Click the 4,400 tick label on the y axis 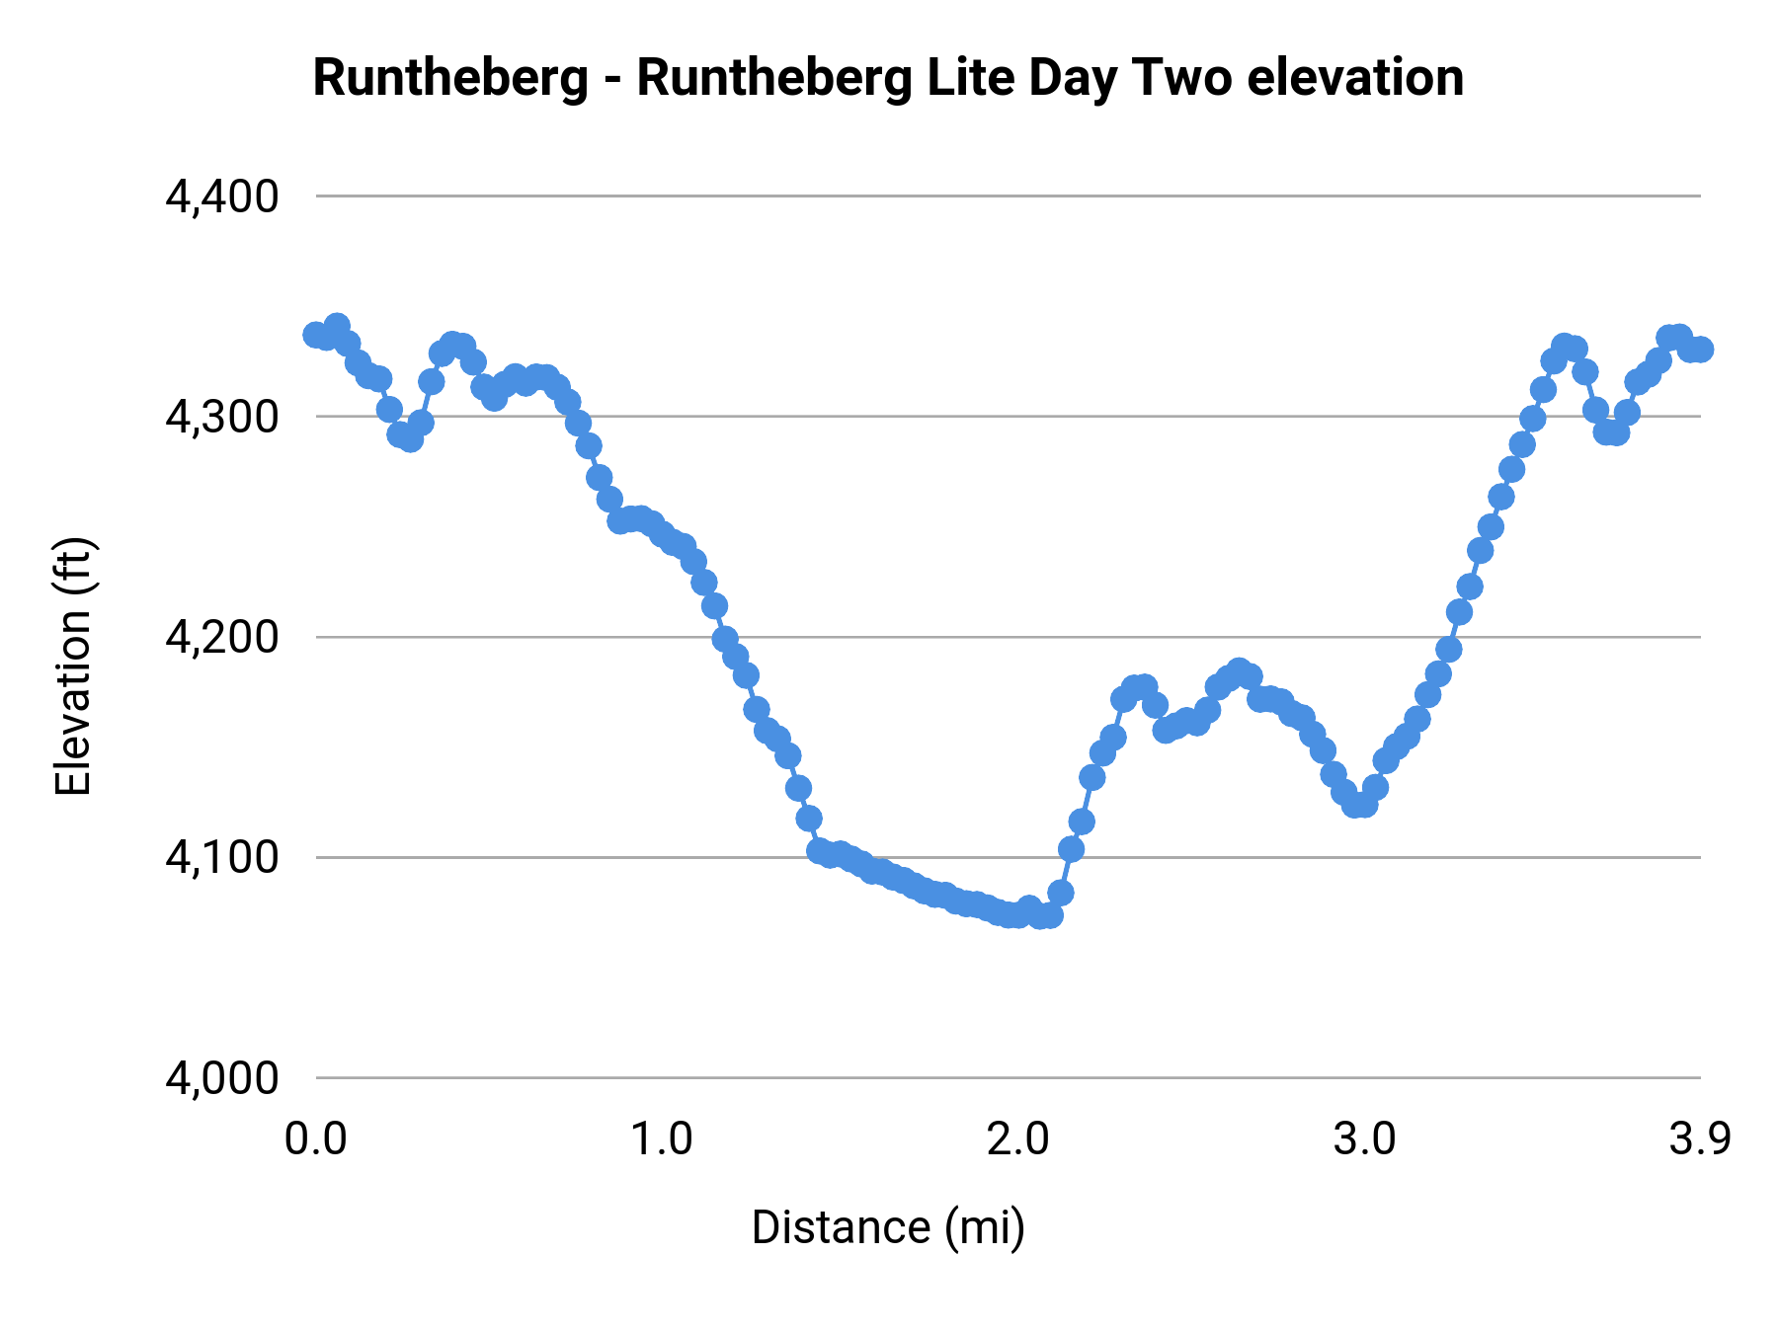coord(222,197)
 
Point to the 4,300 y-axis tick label coord(222,418)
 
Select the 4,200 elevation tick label coord(222,638)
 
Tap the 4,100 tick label coord(222,858)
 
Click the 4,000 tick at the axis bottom coord(222,1078)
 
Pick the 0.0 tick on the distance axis coord(316,1139)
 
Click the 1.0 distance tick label coord(662,1139)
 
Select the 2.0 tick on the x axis coord(1017,1139)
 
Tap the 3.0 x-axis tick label coord(1364,1139)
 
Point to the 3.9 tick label coord(1700,1139)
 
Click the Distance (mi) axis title coord(888,1227)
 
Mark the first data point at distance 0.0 coord(316,335)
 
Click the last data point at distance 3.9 coord(1700,350)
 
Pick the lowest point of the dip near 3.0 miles coord(1359,806)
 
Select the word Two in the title coord(1182,78)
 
